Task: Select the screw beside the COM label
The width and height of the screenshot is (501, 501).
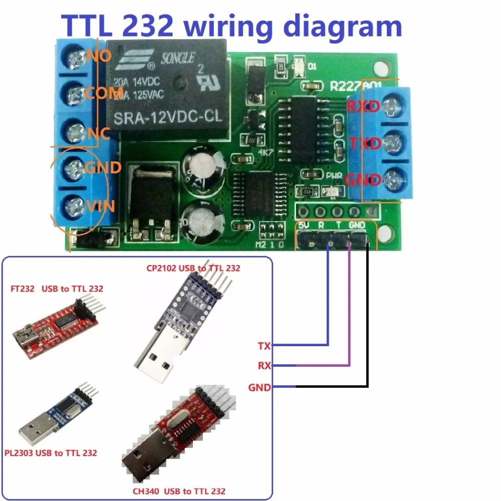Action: click(x=76, y=93)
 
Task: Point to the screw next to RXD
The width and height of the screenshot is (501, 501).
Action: click(x=389, y=106)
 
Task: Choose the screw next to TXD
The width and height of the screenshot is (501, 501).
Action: click(x=389, y=143)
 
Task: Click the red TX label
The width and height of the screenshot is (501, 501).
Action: click(x=264, y=346)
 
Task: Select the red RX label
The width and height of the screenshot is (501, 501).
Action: click(x=264, y=366)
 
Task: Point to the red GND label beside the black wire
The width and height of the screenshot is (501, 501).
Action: click(x=260, y=387)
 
